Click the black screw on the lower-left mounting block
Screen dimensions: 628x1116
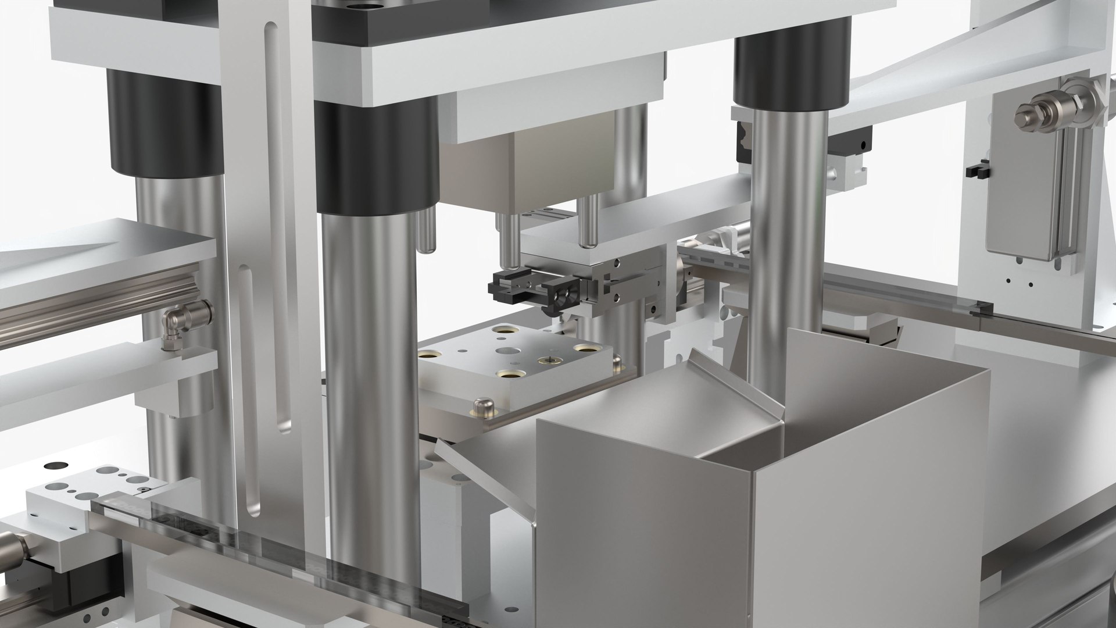coord(141,492)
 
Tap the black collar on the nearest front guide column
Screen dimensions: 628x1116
coord(377,157)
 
